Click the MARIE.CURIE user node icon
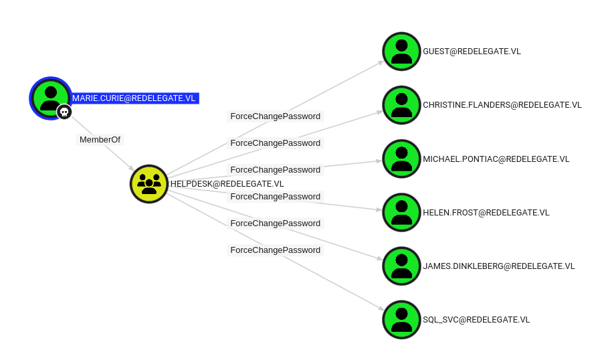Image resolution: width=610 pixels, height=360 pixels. click(x=50, y=98)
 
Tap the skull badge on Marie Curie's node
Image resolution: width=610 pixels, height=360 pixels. click(x=64, y=112)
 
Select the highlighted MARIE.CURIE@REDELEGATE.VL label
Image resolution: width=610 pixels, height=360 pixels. click(x=134, y=98)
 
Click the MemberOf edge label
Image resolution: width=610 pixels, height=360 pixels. click(x=100, y=140)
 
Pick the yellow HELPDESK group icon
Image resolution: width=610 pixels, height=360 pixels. click(x=149, y=184)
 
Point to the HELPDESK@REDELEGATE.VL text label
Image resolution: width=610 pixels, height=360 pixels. click(x=227, y=184)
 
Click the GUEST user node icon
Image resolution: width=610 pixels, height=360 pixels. click(x=401, y=52)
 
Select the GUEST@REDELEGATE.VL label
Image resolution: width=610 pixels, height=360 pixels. click(x=472, y=52)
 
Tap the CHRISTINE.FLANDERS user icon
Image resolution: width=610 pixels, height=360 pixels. click(x=401, y=105)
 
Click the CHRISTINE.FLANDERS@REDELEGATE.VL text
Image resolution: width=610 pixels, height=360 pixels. click(x=502, y=105)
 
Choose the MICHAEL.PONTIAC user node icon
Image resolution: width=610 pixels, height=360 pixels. click(x=401, y=159)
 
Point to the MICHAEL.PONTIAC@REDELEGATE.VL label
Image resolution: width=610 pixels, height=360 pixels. click(x=496, y=159)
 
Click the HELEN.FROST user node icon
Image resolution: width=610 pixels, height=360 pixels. click(x=401, y=213)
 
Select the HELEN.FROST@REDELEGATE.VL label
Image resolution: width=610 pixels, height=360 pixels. click(x=486, y=213)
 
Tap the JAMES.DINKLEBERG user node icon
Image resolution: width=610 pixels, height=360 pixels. click(x=401, y=266)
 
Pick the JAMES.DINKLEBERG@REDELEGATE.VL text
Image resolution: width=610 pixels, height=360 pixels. click(x=498, y=266)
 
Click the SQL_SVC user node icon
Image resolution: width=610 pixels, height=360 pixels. click(x=401, y=320)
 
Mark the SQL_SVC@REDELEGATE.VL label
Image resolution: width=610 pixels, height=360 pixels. click(x=476, y=320)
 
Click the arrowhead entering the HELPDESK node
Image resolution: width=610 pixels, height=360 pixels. click(x=132, y=169)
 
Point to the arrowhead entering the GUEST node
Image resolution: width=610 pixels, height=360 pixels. click(x=381, y=62)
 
